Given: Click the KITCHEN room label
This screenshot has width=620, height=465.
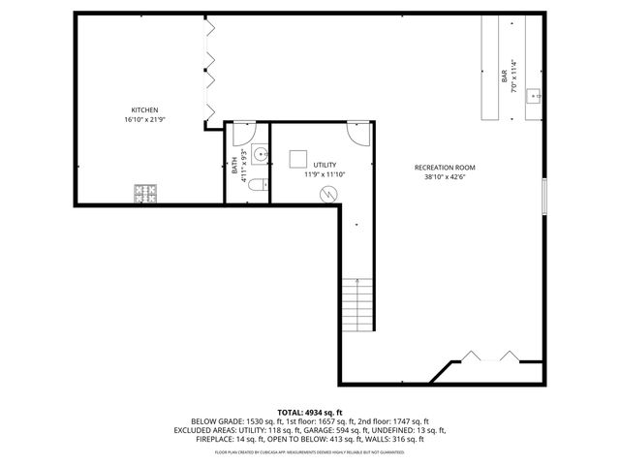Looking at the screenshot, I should point(144,109).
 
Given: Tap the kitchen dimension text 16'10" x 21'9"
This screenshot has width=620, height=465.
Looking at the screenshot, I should point(144,119).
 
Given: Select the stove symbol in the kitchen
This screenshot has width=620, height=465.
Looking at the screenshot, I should point(146,194).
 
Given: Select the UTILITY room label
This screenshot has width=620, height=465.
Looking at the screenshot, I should point(324,166).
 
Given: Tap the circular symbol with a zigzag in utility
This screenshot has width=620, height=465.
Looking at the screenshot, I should point(330,194).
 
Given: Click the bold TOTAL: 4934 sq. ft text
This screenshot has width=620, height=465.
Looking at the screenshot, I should point(310,413).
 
